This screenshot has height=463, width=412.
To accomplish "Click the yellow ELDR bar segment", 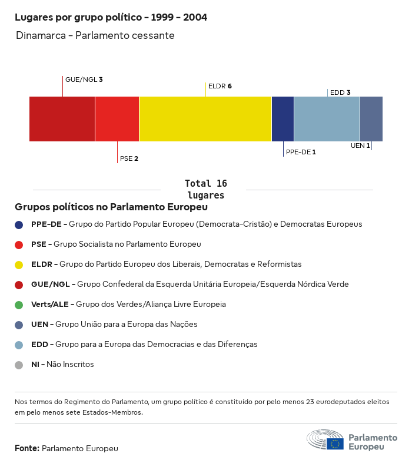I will (205, 119).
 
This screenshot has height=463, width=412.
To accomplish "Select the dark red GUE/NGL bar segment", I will (62, 119).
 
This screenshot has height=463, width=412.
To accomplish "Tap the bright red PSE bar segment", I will (117, 119).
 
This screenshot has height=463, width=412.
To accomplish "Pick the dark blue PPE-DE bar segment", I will (283, 119).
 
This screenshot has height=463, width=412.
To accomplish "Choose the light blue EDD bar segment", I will (327, 119).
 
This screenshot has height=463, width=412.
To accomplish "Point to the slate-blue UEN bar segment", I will (371, 119).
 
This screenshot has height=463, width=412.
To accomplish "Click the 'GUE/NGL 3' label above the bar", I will (84, 80).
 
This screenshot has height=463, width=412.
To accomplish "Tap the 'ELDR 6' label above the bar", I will (220, 86).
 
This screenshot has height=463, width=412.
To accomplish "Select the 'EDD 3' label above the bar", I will (340, 92).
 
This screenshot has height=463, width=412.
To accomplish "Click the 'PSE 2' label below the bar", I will (129, 158).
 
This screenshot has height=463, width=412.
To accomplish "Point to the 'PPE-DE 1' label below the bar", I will (301, 152).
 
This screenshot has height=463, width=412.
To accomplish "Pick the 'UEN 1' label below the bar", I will (360, 145).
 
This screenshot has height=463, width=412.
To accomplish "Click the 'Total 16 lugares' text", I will (205, 189).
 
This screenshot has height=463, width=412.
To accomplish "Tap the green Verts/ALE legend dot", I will (19, 305).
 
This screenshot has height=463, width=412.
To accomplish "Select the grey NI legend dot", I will (19, 365).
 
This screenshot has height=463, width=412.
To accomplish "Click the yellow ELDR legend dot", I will (19, 264).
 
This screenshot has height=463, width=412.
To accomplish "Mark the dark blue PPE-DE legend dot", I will (19, 224).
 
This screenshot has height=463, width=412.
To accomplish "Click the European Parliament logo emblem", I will (325, 440).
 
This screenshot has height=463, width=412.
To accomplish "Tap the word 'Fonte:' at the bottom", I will (27, 448).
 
